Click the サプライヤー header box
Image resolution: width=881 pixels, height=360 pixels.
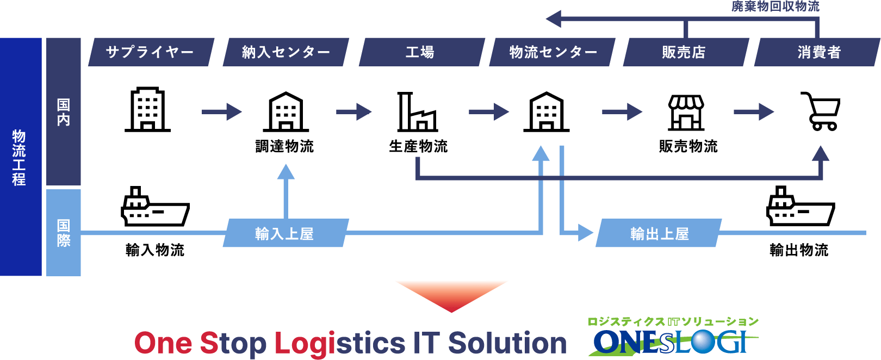(151, 52)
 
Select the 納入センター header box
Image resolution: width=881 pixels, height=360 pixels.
(286, 52)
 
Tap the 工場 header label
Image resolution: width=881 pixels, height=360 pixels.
(420, 52)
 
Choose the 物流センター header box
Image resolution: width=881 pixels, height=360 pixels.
(553, 52)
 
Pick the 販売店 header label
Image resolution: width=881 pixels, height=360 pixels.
(684, 52)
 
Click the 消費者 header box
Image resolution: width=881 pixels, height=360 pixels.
(818, 52)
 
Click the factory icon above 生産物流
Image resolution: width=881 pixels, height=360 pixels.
(417, 112)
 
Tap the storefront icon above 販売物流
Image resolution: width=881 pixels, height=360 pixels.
(686, 113)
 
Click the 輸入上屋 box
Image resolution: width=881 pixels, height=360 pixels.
(285, 233)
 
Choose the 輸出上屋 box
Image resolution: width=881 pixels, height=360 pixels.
(659, 233)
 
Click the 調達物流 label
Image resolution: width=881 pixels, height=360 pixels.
(284, 146)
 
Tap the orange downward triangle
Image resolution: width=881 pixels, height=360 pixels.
(451, 294)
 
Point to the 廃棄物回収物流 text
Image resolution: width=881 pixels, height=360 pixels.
(775, 7)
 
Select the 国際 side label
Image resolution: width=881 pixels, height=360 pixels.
(64, 233)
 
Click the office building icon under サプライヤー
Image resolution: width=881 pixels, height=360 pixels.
(147, 109)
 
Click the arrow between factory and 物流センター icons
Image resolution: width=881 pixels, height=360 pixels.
(488, 112)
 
